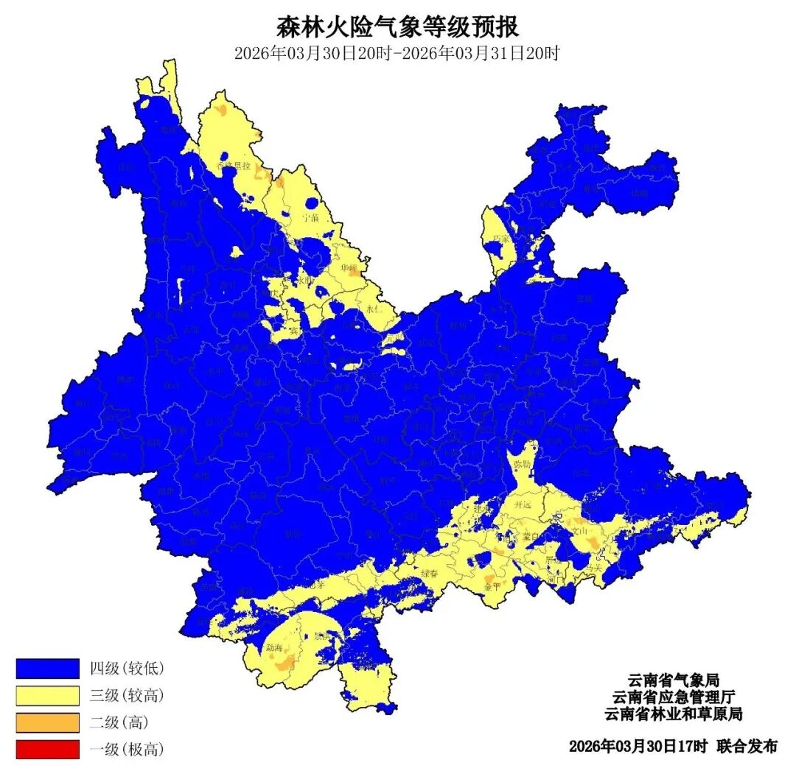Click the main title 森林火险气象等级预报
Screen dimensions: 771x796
(x=398, y=27)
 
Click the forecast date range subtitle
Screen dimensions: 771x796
(x=398, y=54)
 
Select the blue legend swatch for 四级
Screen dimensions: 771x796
(x=47, y=668)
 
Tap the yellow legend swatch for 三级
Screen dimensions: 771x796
(x=47, y=695)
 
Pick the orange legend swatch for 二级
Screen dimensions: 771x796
(x=47, y=722)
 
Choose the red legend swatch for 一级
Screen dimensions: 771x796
(x=47, y=750)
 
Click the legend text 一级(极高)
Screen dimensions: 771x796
(x=126, y=750)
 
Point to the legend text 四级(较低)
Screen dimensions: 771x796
(x=126, y=669)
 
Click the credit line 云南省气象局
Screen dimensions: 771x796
(x=672, y=679)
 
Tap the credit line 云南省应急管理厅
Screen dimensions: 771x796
(x=672, y=697)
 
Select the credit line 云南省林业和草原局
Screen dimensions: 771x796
(x=672, y=714)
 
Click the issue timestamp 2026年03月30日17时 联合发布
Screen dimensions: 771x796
(x=672, y=746)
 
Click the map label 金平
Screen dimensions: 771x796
(x=492, y=587)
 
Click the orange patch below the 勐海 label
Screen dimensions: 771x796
(x=284, y=663)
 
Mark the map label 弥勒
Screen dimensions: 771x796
(x=522, y=465)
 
